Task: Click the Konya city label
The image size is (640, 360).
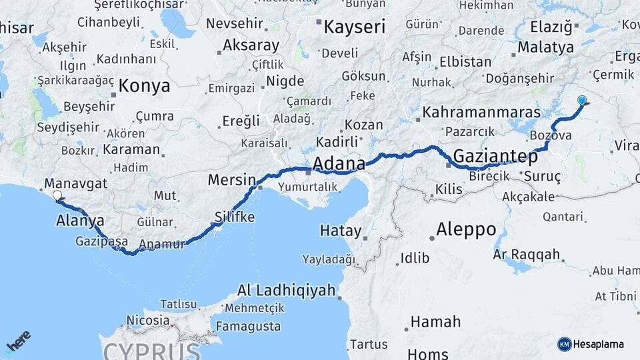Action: (x=144, y=86)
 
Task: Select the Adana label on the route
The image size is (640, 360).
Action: (x=339, y=163)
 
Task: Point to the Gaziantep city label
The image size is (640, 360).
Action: (x=495, y=157)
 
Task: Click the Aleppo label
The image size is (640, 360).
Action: (x=466, y=230)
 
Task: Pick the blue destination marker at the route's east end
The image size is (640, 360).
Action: (x=582, y=101)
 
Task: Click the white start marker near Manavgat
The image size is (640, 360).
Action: (x=57, y=196)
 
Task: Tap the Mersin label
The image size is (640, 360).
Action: (x=231, y=179)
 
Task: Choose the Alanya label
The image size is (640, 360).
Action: (x=80, y=221)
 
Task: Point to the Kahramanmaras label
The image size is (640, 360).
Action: (x=481, y=111)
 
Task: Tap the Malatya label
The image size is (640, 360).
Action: (x=545, y=47)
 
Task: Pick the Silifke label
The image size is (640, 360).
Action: (x=235, y=217)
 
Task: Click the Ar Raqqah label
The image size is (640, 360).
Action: (x=526, y=255)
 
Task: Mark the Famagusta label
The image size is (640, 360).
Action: (x=248, y=326)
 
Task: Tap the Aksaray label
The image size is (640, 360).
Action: (x=251, y=45)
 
